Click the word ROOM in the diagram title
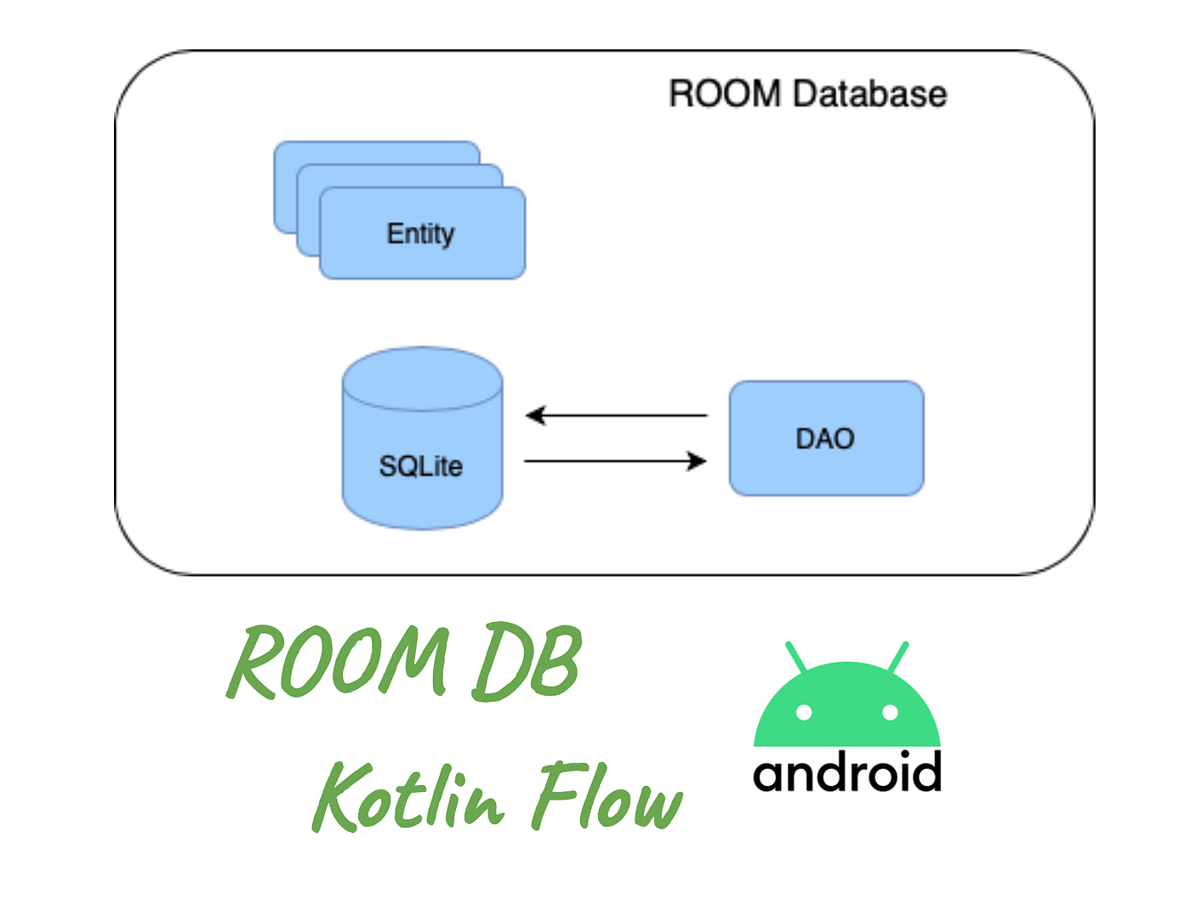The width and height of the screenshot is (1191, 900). [724, 94]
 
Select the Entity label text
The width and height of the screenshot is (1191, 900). [420, 233]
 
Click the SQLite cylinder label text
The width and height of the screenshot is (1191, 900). [420, 466]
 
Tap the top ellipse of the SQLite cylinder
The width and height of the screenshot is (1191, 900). [422, 378]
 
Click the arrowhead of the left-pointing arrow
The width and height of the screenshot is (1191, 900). [535, 415]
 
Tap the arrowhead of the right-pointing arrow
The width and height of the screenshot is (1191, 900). [698, 461]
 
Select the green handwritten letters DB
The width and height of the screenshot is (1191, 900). [527, 662]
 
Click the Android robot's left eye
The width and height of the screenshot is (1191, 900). [803, 712]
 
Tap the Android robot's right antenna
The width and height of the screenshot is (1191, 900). [898, 657]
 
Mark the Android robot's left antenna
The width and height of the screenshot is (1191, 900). [796, 657]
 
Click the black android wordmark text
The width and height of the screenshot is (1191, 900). [847, 772]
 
